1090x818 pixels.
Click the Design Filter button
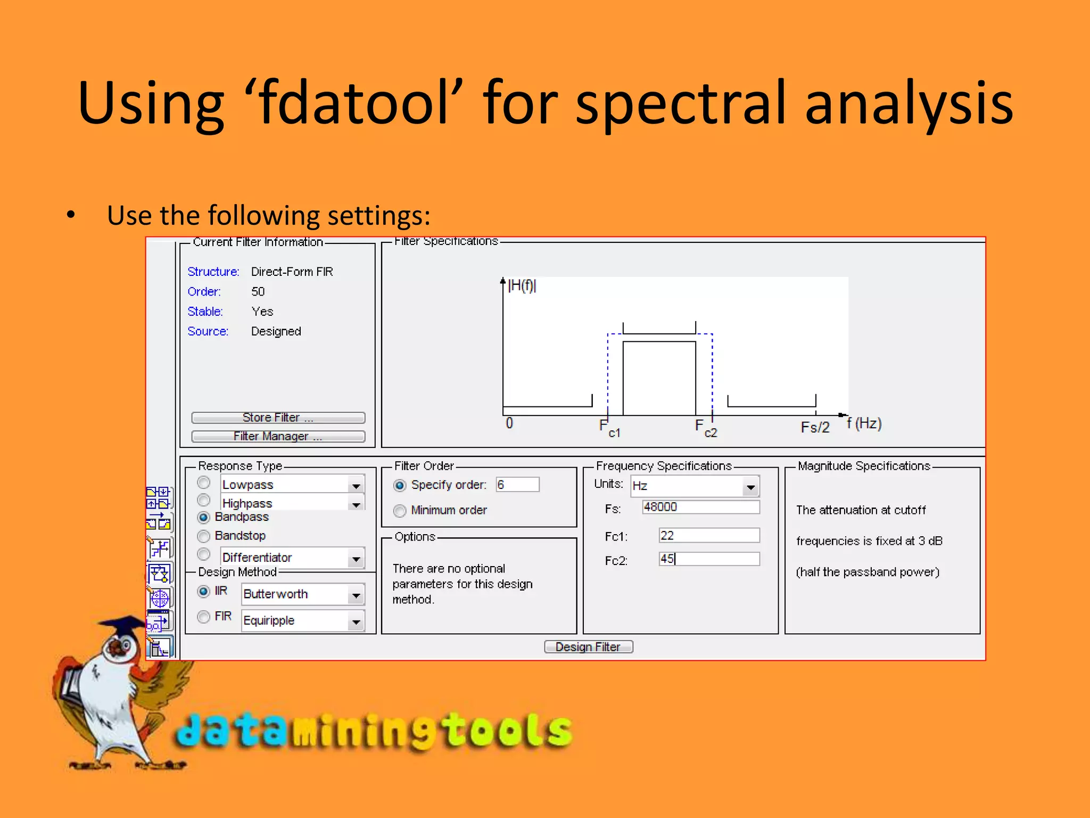588,647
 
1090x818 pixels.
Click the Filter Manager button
278,436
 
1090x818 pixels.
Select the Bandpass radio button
203,517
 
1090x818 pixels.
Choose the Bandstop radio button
203,536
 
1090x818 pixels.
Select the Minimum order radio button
400,511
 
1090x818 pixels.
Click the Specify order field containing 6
517,485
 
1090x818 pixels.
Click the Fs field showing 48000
700,507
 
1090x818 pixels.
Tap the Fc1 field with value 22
708,535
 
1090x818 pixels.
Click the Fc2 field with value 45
708,559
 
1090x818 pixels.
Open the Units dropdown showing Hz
750,487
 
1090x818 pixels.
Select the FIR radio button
203,617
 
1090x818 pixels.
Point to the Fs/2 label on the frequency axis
815,427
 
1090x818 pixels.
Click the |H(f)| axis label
522,286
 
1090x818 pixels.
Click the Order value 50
258,292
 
